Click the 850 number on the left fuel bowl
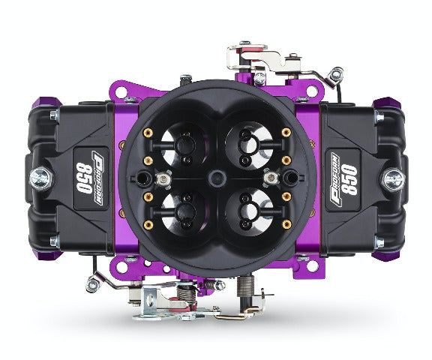(x=84, y=178)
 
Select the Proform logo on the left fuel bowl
(x=98, y=178)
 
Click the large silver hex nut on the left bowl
(x=40, y=178)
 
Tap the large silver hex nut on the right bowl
(x=394, y=179)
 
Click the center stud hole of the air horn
(x=217, y=178)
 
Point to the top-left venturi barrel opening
(x=183, y=145)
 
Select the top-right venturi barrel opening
(x=250, y=145)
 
